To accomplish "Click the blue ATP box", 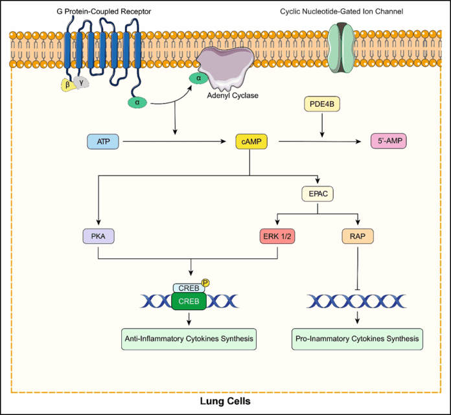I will (x=103, y=141).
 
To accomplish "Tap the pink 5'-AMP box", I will (x=388, y=141).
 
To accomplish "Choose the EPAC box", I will (x=319, y=193).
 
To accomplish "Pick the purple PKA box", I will (x=97, y=237).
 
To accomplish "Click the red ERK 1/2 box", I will (x=277, y=237).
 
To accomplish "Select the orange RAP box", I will (x=357, y=237).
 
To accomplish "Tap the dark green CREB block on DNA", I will (x=189, y=300).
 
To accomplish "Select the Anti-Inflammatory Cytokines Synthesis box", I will (x=189, y=338).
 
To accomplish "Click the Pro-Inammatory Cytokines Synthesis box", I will (x=357, y=338).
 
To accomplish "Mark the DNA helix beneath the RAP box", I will (x=357, y=300).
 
